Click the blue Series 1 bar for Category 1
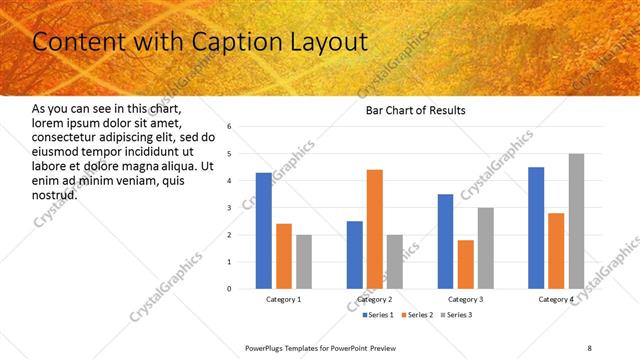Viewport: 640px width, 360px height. (x=264, y=230)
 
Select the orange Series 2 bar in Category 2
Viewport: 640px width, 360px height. (x=375, y=229)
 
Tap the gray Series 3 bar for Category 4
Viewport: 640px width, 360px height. (x=577, y=221)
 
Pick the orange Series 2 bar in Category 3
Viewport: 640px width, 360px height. (x=466, y=264)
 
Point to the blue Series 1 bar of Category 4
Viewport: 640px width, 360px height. (x=537, y=228)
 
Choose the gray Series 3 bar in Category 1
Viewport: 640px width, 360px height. (x=304, y=261)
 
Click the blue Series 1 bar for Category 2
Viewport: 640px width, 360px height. (x=355, y=254)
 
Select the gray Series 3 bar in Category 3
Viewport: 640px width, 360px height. (x=486, y=248)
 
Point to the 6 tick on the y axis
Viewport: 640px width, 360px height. (x=229, y=127)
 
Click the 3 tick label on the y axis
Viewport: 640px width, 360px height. (x=229, y=208)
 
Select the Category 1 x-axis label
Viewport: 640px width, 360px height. (x=284, y=300)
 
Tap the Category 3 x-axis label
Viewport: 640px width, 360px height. (x=466, y=300)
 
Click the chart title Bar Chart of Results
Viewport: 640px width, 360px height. (x=415, y=110)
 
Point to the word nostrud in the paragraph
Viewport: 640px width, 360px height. (x=56, y=194)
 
